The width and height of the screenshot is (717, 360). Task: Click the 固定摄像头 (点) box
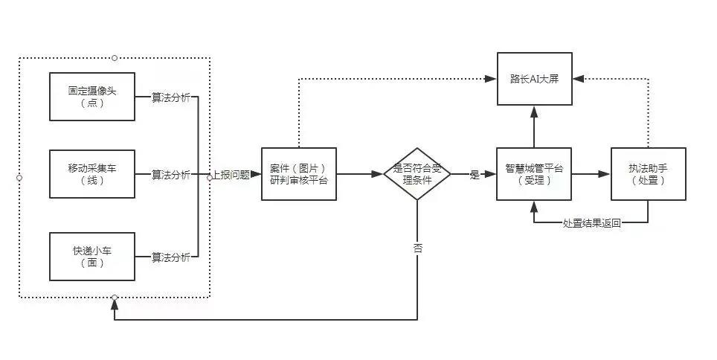coord(92,96)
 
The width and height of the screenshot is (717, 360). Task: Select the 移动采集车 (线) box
coord(92,175)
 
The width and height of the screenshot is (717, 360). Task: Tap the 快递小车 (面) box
coord(92,256)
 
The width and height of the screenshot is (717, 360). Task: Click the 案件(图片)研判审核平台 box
coord(298,174)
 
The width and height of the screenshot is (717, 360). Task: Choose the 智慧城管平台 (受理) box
coord(533,174)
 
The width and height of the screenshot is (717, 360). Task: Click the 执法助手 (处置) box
coord(648,174)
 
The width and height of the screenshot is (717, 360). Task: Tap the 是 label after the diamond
coord(475,176)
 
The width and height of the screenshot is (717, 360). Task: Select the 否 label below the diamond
coord(418,249)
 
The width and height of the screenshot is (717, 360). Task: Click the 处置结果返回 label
coord(591,223)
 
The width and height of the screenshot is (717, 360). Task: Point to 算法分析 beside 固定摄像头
coord(170,97)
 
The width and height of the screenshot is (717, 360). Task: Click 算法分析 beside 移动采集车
coord(170,176)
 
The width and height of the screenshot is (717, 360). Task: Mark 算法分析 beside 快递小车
coord(170,257)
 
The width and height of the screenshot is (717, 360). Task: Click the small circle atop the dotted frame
coord(114,57)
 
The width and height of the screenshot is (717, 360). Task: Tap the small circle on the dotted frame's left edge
coord(19,178)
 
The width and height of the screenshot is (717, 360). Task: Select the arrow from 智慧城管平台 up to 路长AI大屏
coord(533,126)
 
